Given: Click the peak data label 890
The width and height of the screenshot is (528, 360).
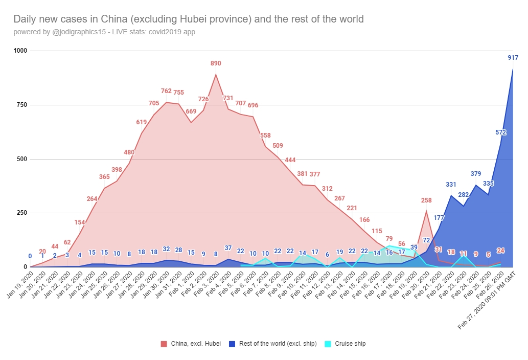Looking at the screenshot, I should [x=216, y=63].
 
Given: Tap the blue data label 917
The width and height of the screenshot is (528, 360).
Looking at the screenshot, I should [x=513, y=58].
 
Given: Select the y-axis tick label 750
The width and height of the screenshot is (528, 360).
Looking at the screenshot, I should [x=20, y=105].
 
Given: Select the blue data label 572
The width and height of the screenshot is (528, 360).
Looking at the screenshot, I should [x=501, y=132].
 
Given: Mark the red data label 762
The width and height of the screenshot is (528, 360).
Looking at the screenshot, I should [x=166, y=91].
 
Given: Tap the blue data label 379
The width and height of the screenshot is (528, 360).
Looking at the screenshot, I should [x=476, y=174].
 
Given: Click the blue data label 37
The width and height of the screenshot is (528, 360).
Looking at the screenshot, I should [x=228, y=248].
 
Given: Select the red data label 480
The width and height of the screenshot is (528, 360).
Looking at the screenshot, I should [x=129, y=152].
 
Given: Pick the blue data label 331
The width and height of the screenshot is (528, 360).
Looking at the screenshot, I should [x=451, y=184].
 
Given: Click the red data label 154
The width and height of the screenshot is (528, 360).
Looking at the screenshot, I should [x=79, y=222].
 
